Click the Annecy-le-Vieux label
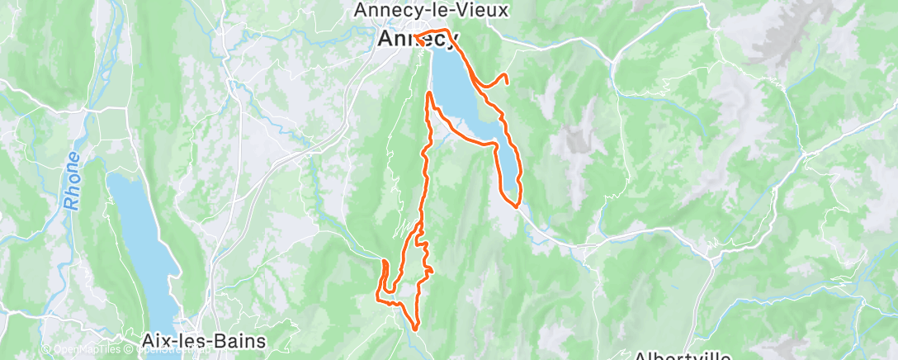pyautogui.click(x=430, y=11)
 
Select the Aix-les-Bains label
pyautogui.click(x=192, y=340)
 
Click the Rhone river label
pyautogui.click(x=73, y=180)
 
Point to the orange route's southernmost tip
pyautogui.click(x=411, y=329)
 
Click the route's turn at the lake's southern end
pyautogui.click(x=515, y=205)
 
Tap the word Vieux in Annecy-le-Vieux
pyautogui.click(x=485, y=11)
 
